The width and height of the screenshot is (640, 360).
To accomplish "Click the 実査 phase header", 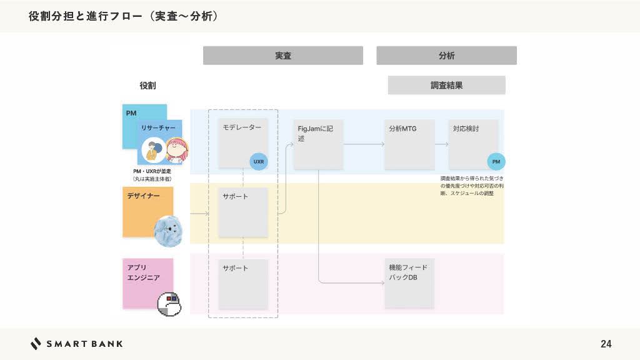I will [282, 56].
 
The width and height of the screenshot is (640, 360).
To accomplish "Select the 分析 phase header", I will [446, 56].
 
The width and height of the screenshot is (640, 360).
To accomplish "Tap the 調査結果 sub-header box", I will [446, 85].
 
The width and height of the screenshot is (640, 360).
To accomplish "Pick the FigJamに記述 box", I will [318, 144].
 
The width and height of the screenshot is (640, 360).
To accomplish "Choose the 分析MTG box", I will [409, 144].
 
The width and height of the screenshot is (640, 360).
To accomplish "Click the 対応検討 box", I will [473, 144].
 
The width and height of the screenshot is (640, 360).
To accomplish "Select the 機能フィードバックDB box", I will [409, 283].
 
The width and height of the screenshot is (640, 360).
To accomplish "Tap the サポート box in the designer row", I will [242, 212].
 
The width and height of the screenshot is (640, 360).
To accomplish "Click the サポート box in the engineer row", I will [242, 284].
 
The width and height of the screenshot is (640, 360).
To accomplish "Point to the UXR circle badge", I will [259, 161].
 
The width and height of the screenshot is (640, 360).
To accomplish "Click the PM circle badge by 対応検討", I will [496, 161].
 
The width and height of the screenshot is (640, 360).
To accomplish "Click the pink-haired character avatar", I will [177, 151].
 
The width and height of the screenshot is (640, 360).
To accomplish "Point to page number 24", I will [606, 344].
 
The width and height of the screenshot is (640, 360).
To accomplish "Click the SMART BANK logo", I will [76, 344].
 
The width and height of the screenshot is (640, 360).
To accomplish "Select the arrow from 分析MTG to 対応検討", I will [441, 144].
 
